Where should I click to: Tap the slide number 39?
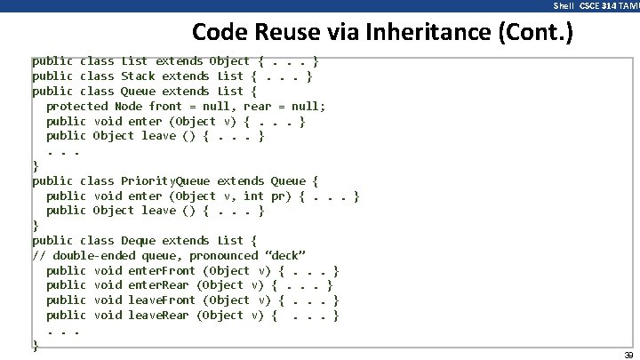pos(628,353)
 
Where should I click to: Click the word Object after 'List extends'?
pos(229,61)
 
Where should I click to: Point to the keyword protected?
pos(77,106)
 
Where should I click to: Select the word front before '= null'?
pos(166,106)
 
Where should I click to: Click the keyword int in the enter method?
pos(253,196)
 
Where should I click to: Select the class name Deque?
pos(138,240)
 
